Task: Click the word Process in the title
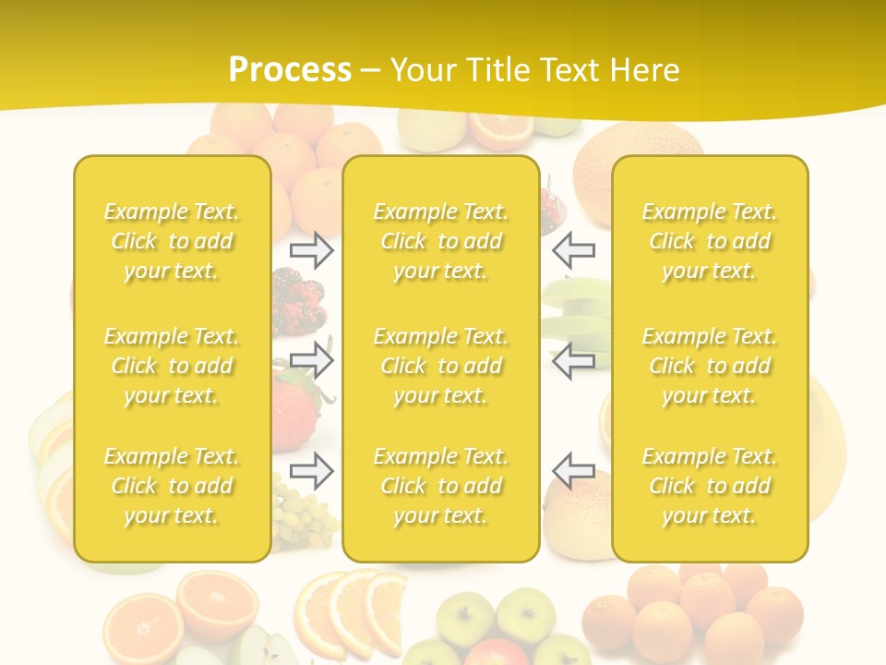[x=290, y=70]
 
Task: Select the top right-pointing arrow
[x=312, y=249]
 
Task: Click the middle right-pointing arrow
[x=312, y=360]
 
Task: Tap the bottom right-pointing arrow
[x=312, y=471]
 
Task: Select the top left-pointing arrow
[x=573, y=249]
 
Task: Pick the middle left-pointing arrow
[x=573, y=360]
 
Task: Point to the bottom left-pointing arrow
[x=573, y=471]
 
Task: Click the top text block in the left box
[x=172, y=241]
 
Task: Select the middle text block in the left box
[x=172, y=366]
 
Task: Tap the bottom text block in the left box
[x=172, y=486]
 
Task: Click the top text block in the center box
[x=441, y=241]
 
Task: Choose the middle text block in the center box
[x=441, y=366]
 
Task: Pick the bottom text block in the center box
[x=441, y=486]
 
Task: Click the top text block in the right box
[x=710, y=241]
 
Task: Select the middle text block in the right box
[x=710, y=366]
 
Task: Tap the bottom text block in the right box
[x=710, y=486]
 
